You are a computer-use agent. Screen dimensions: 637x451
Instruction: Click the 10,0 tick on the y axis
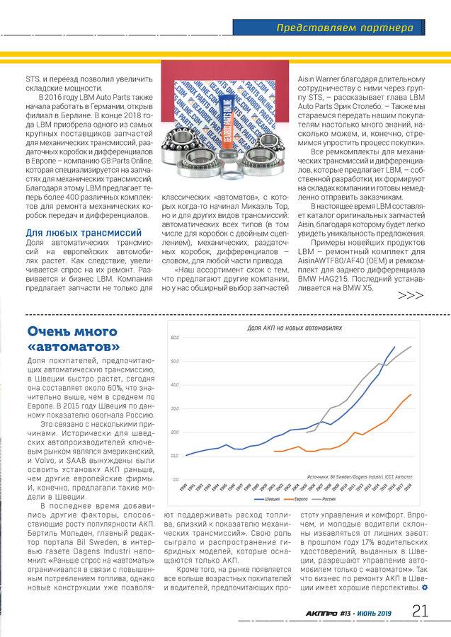tap(175, 456)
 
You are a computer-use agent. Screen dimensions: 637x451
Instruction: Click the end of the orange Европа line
tap(411, 394)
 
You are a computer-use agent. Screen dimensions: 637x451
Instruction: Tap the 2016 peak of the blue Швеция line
tap(395, 347)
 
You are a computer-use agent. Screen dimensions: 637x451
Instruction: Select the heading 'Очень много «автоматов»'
tap(73, 339)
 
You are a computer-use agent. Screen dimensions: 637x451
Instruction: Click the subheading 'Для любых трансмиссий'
tap(84, 232)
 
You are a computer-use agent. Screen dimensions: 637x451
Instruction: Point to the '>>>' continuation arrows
tap(411, 296)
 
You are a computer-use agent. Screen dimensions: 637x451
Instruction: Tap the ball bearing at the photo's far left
tap(174, 144)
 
